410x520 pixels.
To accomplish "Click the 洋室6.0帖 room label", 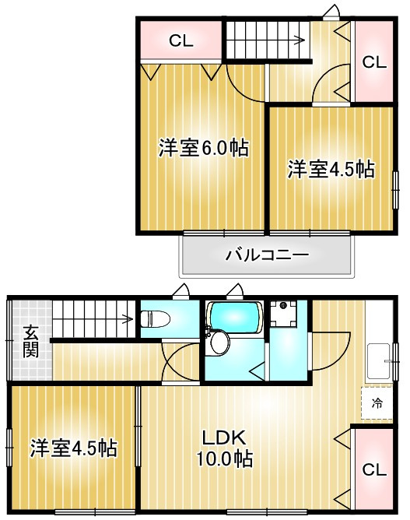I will pyautogui.click(x=203, y=148).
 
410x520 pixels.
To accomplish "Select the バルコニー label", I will pyautogui.click(x=267, y=255).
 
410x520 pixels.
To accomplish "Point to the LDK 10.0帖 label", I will pyautogui.click(x=226, y=448).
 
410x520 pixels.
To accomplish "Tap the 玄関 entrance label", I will pyautogui.click(x=30, y=341).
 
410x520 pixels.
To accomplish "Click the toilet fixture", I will pyautogui.click(x=155, y=318).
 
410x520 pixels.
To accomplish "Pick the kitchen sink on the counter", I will pyautogui.click(x=378, y=359).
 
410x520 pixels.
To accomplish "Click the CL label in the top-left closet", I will pyautogui.click(x=181, y=41).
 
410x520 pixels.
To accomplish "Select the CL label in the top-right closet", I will pyautogui.click(x=373, y=62).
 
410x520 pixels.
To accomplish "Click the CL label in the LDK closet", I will pyautogui.click(x=373, y=470).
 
